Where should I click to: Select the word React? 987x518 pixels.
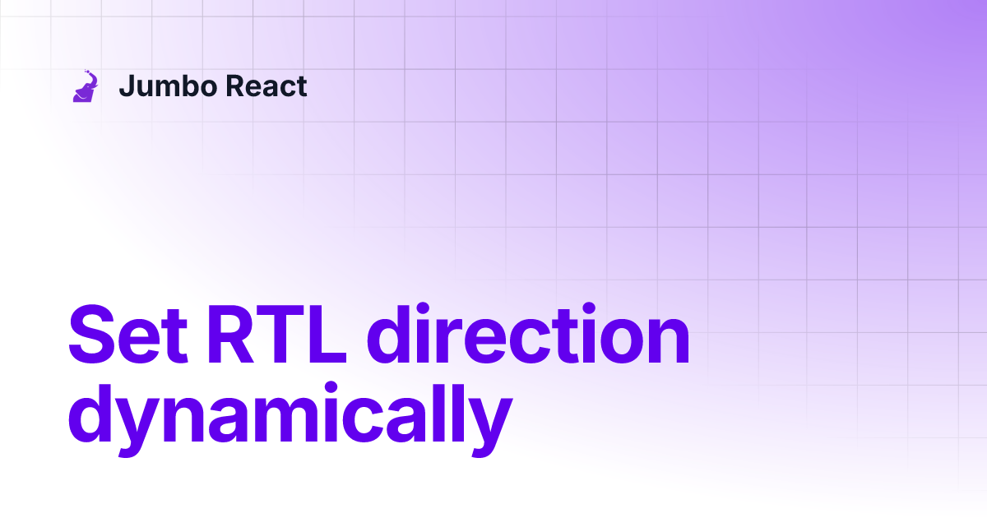265,86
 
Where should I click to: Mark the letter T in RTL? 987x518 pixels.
280,335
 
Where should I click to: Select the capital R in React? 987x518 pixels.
231,86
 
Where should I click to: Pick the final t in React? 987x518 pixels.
301,86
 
